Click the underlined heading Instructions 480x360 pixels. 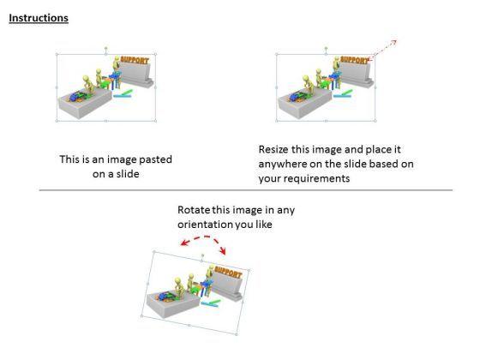[x=39, y=18]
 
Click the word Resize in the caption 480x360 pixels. [x=273, y=149]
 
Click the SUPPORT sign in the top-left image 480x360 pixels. [x=135, y=60]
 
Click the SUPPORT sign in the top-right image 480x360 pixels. [x=355, y=60]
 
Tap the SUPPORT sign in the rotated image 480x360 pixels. [x=228, y=272]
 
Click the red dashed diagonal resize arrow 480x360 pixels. [x=383, y=50]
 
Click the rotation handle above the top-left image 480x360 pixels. [x=106, y=48]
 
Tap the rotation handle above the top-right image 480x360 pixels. [x=326, y=48]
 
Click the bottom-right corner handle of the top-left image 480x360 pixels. [x=155, y=121]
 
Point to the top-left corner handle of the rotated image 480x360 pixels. [x=154, y=252]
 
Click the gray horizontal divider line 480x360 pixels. [x=246, y=190]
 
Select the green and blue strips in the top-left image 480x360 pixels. [x=123, y=94]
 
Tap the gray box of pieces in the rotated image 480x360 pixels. [x=173, y=303]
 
